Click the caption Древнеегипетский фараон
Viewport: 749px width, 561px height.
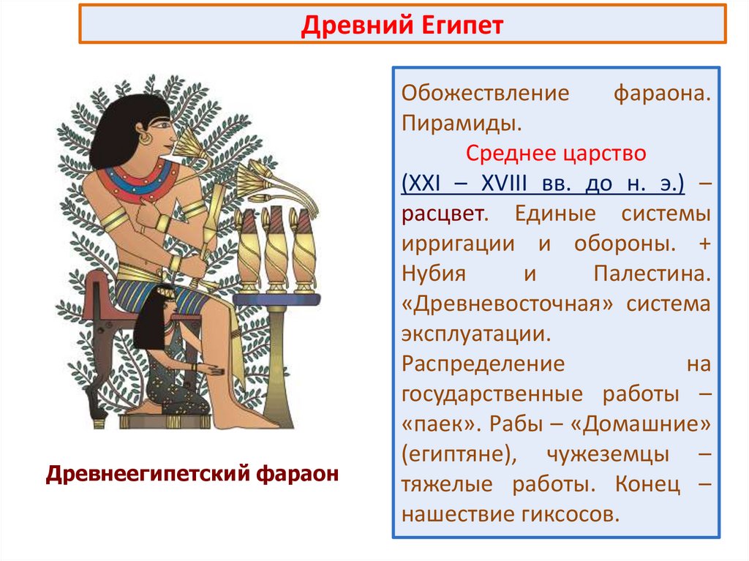coord(192,473)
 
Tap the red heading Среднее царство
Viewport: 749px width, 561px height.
coord(556,154)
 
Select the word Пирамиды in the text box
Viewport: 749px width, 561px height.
coord(461,124)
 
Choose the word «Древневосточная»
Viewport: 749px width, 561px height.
coord(504,304)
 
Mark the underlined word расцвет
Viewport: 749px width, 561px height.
coord(441,214)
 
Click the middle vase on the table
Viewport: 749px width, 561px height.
coord(276,249)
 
